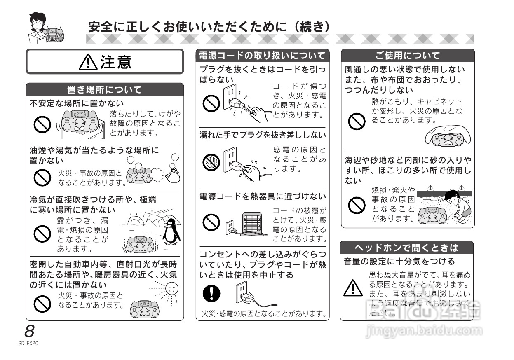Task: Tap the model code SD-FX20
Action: (x=28, y=342)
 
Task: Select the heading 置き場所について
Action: (x=105, y=90)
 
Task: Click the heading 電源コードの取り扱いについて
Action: (x=263, y=56)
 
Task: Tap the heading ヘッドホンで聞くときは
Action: (x=406, y=248)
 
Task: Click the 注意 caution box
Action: (x=105, y=62)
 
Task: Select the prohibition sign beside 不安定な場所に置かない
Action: (x=42, y=124)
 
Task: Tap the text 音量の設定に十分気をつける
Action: (x=399, y=261)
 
